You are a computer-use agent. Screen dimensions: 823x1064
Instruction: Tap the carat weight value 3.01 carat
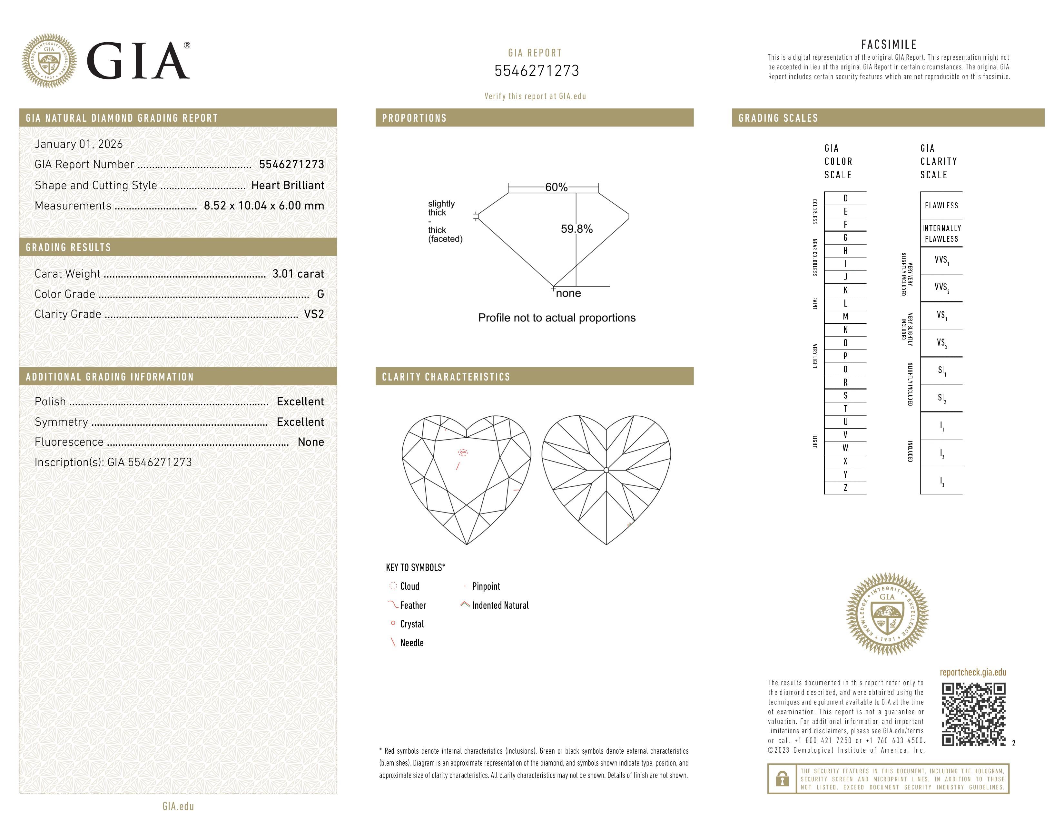298,274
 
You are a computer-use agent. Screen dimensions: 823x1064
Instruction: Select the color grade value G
320,294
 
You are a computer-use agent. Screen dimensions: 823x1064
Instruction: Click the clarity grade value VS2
314,314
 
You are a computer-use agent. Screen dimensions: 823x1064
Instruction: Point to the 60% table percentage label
556,187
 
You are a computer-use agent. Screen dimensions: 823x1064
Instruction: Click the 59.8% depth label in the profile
577,229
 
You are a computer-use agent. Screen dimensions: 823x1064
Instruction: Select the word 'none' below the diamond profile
568,293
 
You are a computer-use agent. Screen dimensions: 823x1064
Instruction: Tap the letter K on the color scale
845,290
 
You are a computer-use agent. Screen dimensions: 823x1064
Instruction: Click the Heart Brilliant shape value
287,185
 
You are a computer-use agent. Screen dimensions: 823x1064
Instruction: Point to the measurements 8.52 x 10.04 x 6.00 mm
263,206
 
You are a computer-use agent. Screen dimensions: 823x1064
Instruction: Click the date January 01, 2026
78,144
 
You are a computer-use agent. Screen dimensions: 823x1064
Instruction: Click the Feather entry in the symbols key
413,605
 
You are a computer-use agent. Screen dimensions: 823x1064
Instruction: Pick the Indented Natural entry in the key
500,605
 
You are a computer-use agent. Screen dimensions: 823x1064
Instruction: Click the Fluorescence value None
311,442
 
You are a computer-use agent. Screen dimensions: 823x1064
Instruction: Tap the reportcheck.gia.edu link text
973,672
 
